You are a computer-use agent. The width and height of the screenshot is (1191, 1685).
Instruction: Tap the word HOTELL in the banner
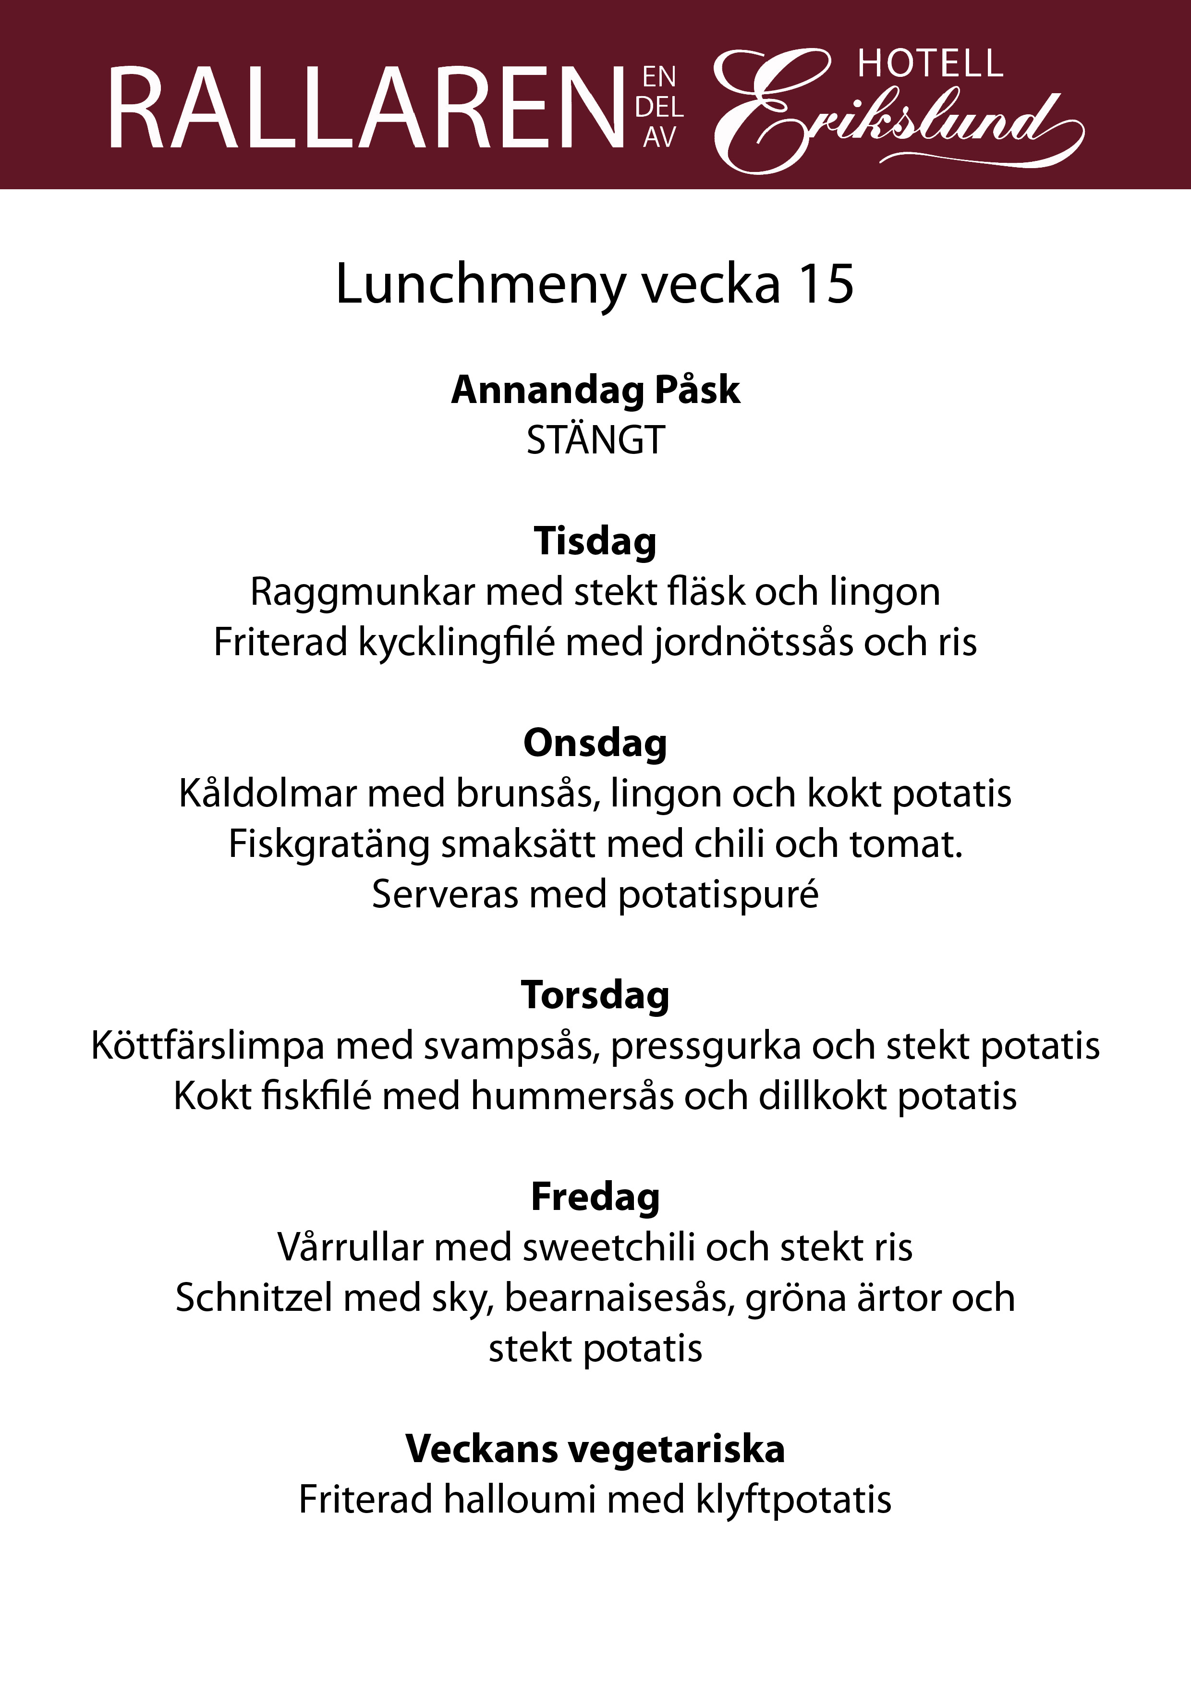pos(930,64)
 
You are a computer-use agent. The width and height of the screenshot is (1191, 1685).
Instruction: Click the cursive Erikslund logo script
pos(895,117)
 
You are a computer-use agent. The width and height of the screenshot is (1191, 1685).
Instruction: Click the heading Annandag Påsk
pos(595,390)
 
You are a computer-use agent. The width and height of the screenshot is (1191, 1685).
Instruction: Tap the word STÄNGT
pos(595,440)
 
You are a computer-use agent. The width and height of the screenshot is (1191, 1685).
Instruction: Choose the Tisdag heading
pos(595,542)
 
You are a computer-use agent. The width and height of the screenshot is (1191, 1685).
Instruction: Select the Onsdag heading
pos(595,744)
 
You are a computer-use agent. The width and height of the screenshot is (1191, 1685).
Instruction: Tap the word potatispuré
pos(717,895)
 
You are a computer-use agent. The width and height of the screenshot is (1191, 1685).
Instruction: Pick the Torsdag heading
pos(595,996)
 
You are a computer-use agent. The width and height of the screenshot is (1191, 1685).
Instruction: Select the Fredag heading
pos(595,1197)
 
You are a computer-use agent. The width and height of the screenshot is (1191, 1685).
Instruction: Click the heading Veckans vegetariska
pos(595,1450)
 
